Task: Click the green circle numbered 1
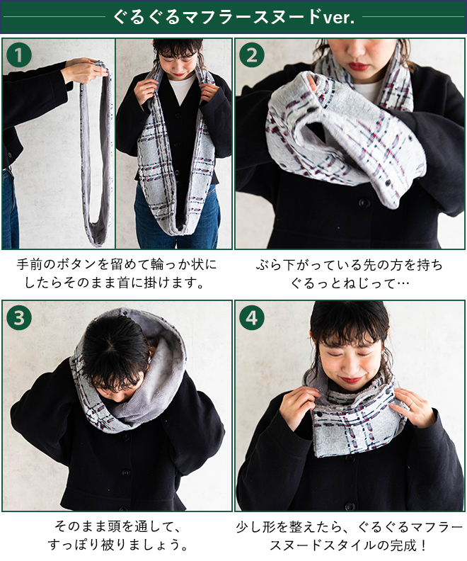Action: [19, 55]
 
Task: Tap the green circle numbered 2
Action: [252, 55]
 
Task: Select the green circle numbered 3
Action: [19, 317]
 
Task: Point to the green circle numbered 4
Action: [252, 317]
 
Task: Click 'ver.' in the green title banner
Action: [338, 17]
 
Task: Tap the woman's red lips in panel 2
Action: [357, 66]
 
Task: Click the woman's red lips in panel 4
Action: [351, 379]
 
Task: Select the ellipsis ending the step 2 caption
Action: [403, 283]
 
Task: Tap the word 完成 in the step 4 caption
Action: [403, 545]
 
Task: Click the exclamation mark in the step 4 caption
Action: [423, 545]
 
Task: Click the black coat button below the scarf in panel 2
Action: [364, 202]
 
